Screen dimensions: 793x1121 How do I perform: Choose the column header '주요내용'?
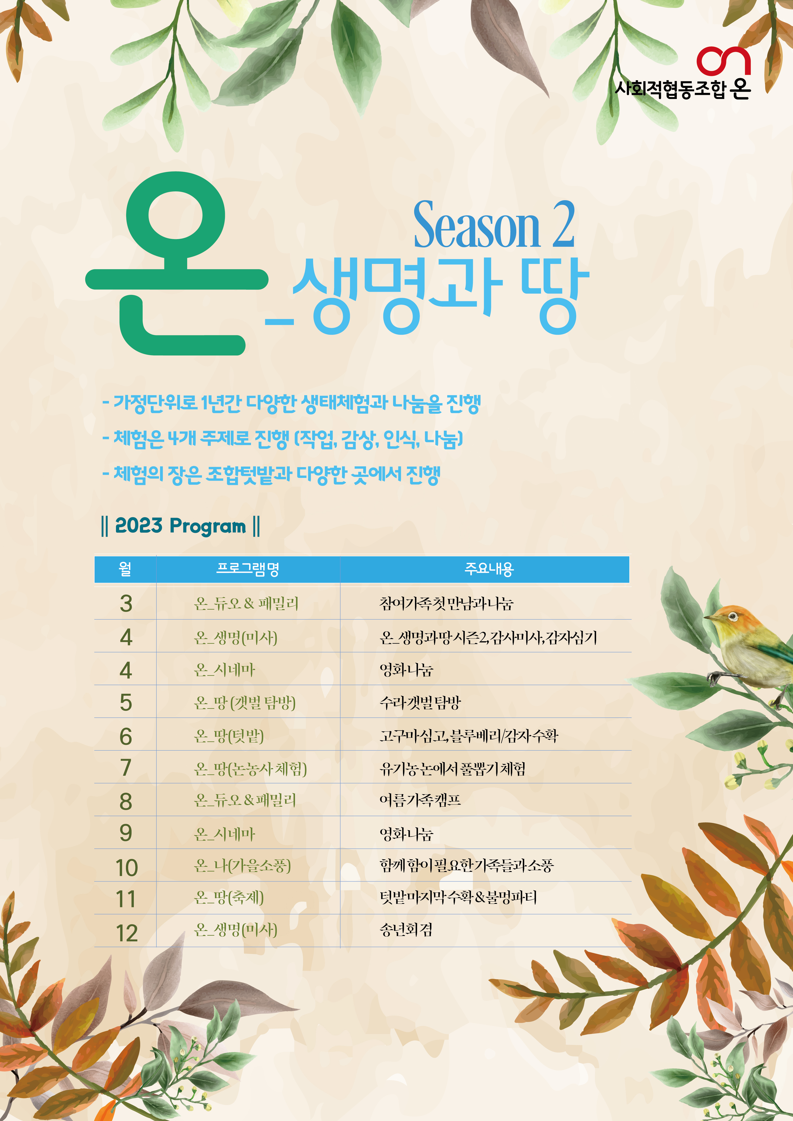pyautogui.click(x=489, y=569)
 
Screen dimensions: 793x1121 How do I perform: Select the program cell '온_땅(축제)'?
pyautogui.click(x=229, y=897)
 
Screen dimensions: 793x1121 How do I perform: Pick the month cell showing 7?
pyautogui.click(x=126, y=768)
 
